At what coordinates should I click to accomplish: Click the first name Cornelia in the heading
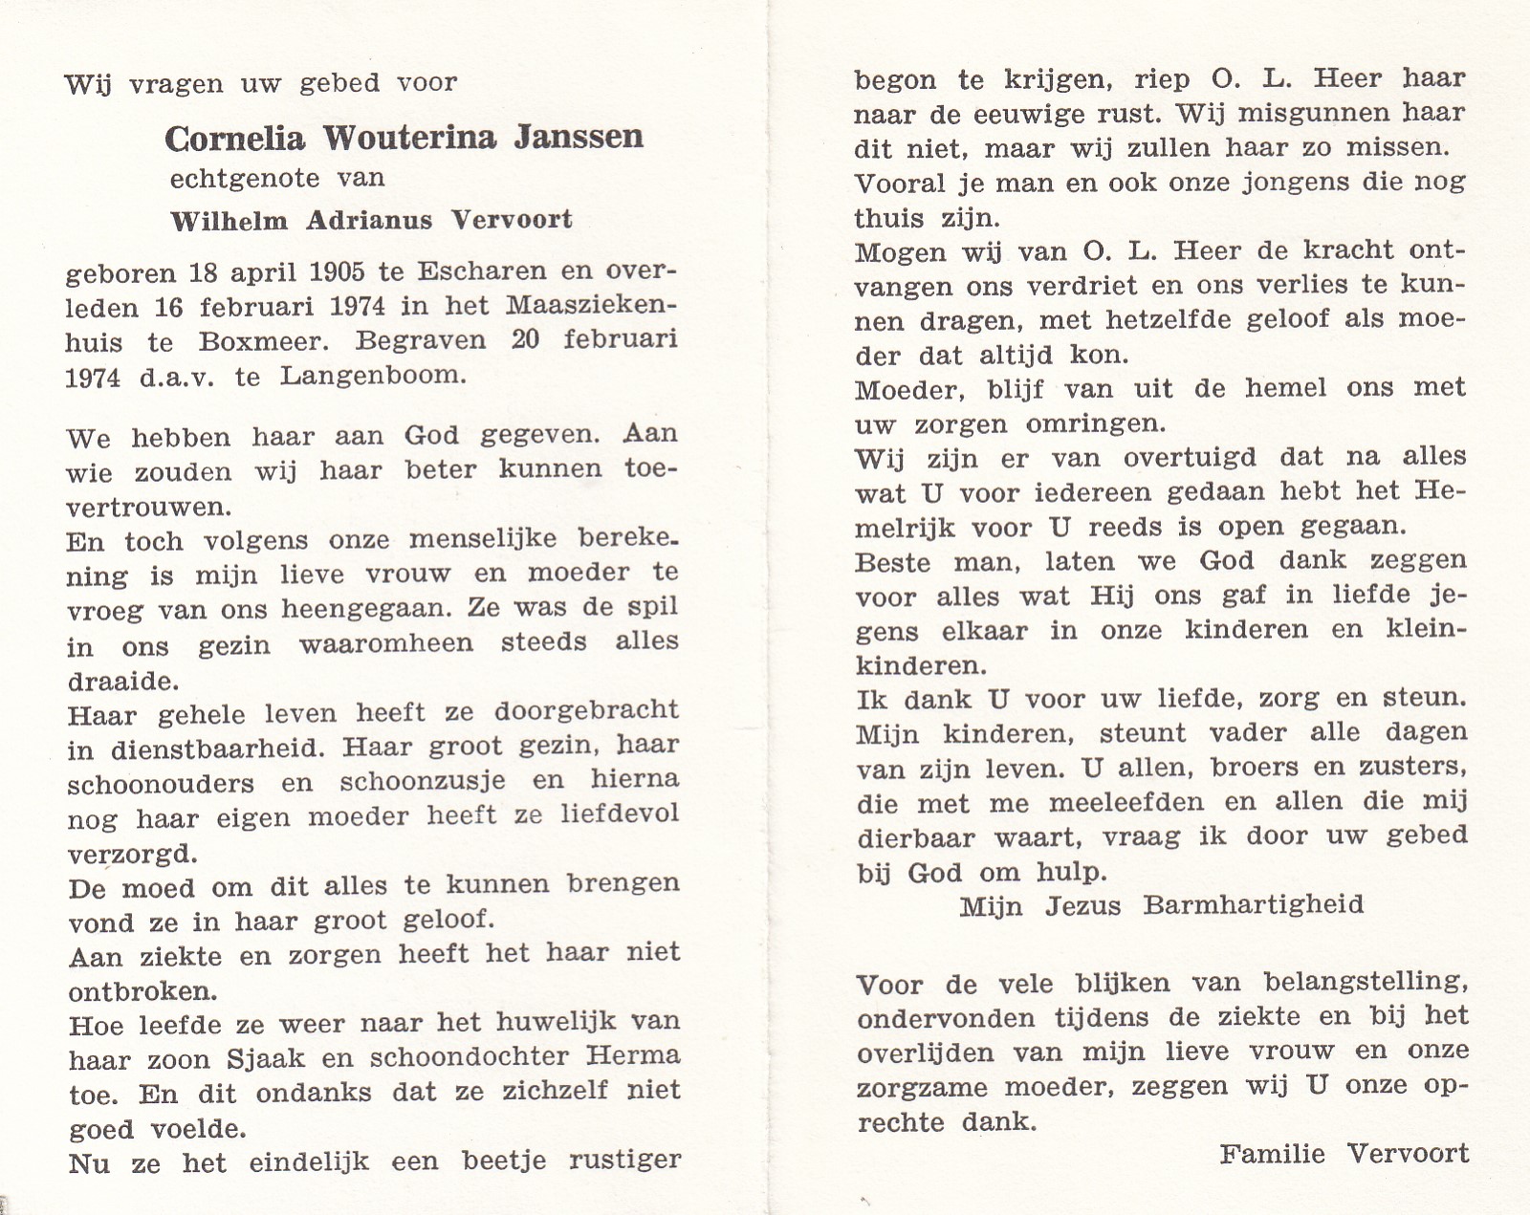(x=235, y=139)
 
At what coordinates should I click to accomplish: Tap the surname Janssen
(x=579, y=138)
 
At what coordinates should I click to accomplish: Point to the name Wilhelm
(x=229, y=221)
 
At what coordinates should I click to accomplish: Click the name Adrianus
(x=369, y=221)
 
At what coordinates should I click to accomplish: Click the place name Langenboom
(x=374, y=376)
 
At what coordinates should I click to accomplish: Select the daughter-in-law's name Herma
(x=632, y=1056)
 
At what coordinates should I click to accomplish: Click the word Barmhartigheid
(x=1254, y=904)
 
